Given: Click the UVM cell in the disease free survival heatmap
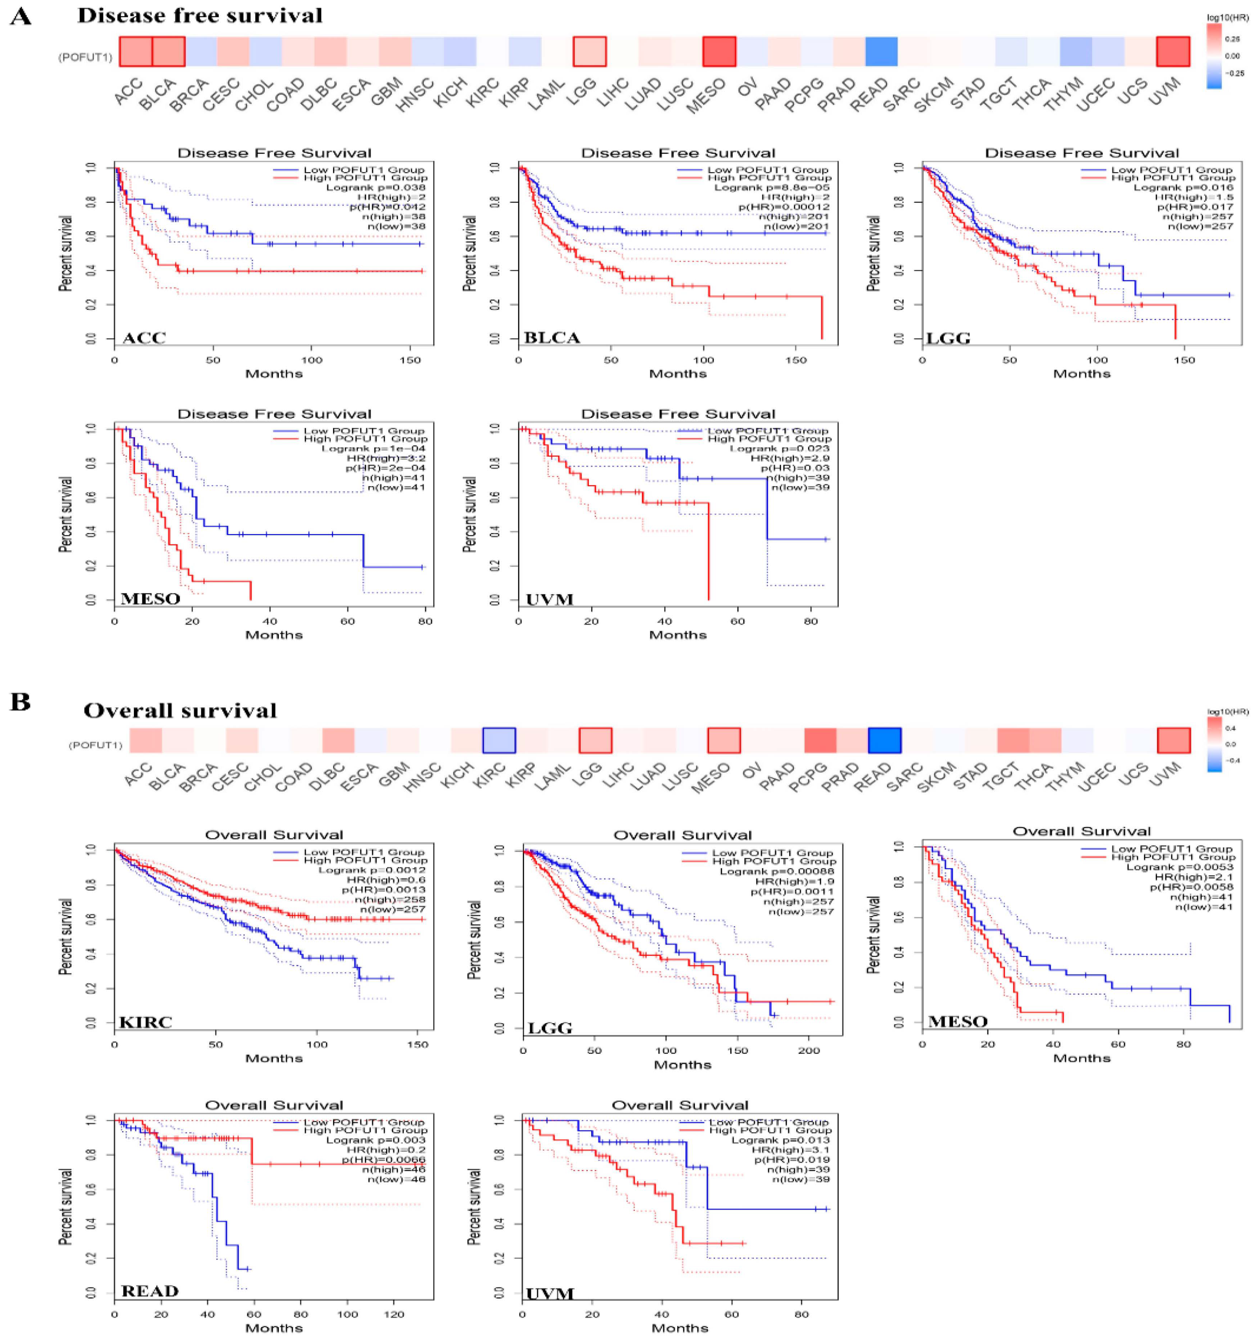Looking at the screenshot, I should coord(1173,51).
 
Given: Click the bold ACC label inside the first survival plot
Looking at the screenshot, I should coord(144,338).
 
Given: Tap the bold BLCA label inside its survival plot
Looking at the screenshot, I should coord(552,338).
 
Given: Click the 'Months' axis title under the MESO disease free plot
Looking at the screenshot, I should coord(274,635).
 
